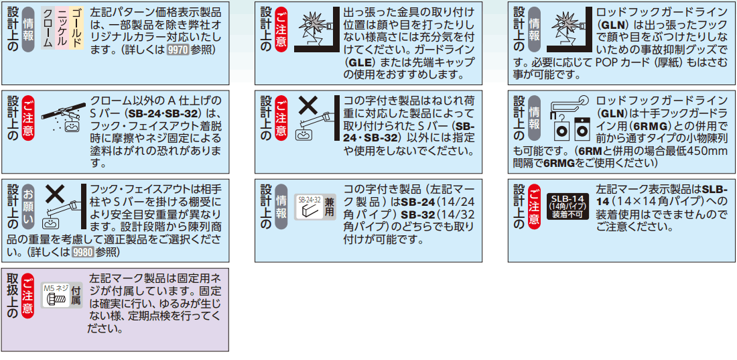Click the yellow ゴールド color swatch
76,27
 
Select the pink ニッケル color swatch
62,27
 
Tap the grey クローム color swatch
48,27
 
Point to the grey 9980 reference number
82,252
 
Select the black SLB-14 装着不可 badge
567,206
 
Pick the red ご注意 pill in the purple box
28,295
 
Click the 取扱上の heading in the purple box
12,295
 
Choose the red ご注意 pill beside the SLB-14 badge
535,206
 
